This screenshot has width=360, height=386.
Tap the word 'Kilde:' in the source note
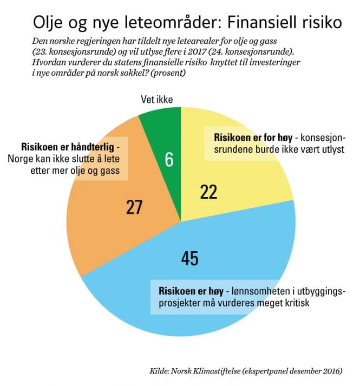point(162,371)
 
